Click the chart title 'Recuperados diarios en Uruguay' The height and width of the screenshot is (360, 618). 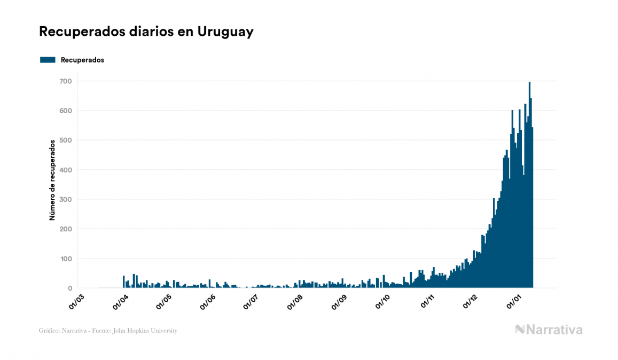[146, 32]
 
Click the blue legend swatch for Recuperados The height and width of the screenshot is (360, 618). [48, 60]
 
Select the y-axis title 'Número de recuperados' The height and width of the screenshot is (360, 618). [52, 180]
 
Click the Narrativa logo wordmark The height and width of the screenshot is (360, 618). [554, 330]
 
